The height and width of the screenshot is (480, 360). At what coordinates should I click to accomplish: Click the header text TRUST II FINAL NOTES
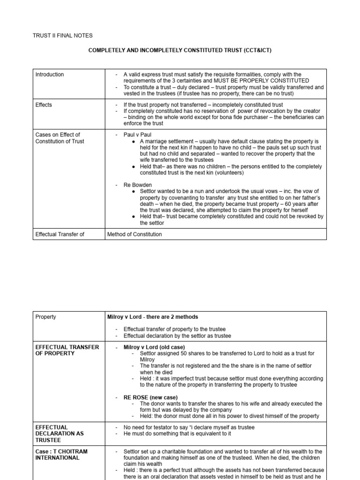[x=62, y=35]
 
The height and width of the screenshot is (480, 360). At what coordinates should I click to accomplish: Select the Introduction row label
[x=50, y=75]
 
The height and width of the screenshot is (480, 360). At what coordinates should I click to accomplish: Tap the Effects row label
[x=44, y=105]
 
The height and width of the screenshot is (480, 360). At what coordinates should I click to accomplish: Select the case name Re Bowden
[x=138, y=185]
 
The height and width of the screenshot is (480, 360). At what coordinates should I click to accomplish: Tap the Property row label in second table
[x=45, y=317]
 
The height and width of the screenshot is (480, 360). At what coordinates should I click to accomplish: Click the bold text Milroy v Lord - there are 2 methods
[x=152, y=317]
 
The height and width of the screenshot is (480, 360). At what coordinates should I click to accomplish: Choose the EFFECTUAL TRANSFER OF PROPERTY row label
[x=67, y=350]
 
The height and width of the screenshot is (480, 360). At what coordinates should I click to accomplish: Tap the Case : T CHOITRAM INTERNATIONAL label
[x=61, y=455]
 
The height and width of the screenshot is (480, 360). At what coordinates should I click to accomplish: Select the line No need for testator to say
[x=183, y=427]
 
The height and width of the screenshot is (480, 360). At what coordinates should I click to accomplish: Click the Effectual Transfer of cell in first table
[x=60, y=234]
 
